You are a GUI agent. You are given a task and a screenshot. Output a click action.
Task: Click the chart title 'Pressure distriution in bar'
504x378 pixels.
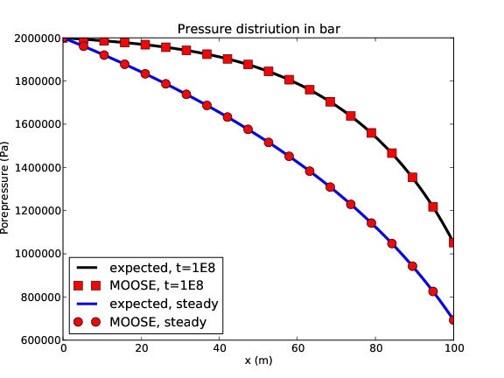click(x=258, y=29)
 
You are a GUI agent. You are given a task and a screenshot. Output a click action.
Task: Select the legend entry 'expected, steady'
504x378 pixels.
click(x=164, y=303)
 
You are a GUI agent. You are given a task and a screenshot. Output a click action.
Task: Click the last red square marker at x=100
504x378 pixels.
click(x=453, y=242)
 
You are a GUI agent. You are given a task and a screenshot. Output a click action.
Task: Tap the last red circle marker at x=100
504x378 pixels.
click(x=453, y=319)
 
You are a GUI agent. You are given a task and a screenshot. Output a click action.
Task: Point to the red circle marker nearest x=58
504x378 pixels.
click(x=290, y=156)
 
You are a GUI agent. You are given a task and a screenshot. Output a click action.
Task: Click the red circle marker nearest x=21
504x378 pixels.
click(x=145, y=73)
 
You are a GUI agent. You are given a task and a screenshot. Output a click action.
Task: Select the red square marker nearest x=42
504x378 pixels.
click(x=227, y=59)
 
